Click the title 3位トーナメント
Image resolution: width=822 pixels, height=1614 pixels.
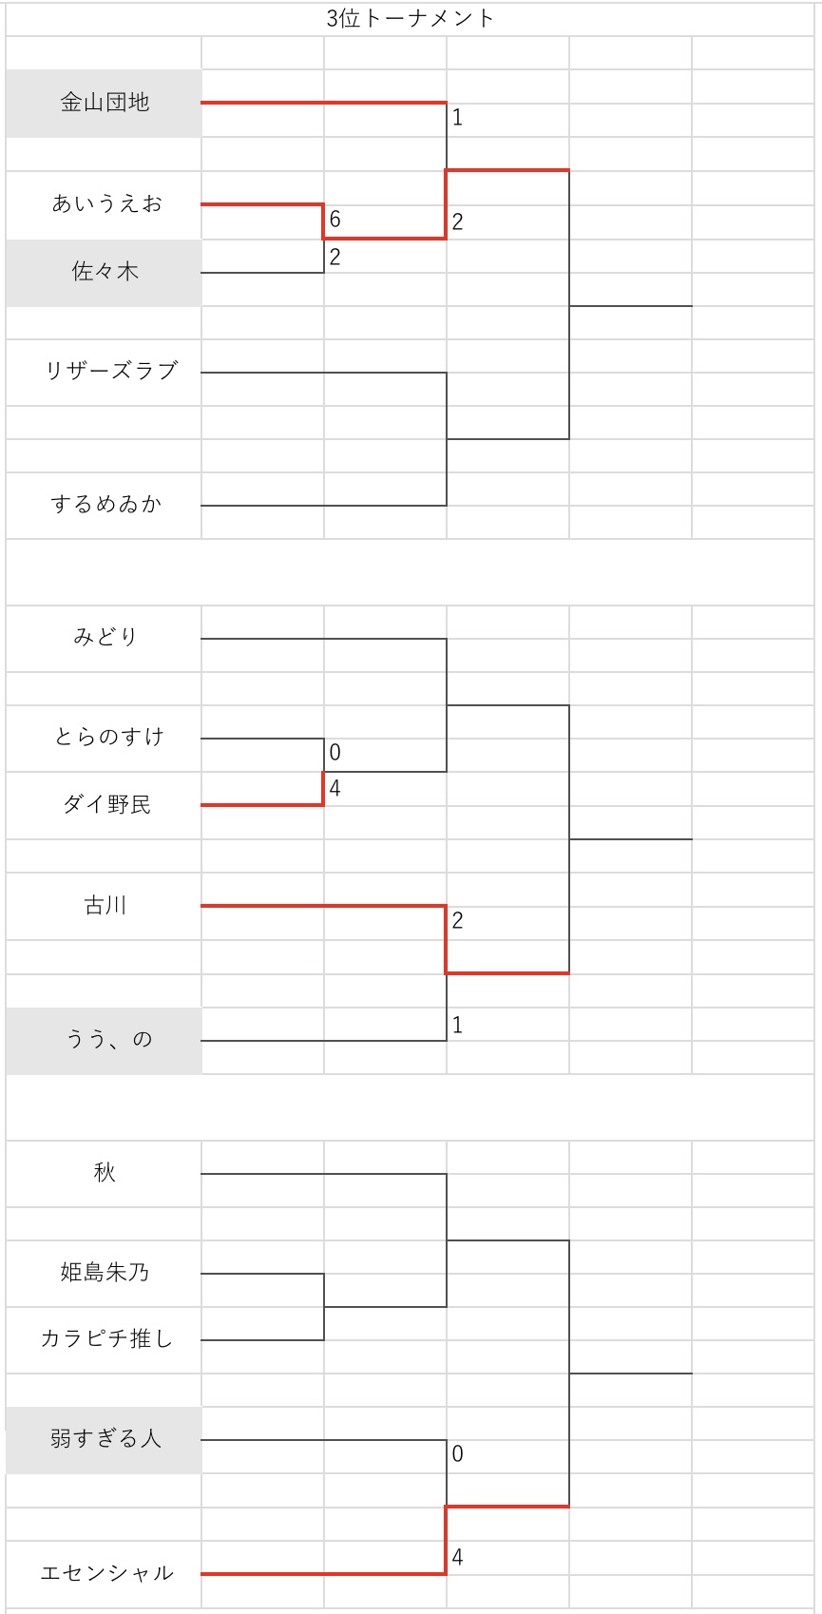(x=411, y=18)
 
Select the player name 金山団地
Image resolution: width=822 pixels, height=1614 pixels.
(x=105, y=103)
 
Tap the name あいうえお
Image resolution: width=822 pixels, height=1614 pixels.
(x=106, y=203)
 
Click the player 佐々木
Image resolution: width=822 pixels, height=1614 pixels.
(x=105, y=272)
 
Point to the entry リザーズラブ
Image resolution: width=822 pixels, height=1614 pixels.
(x=111, y=371)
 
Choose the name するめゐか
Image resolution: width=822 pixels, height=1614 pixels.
(x=106, y=504)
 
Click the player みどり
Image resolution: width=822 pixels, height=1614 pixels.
(x=105, y=637)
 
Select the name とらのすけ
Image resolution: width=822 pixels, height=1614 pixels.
(x=109, y=737)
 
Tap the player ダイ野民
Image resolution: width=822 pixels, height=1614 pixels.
(x=106, y=805)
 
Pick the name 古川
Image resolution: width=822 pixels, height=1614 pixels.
(x=105, y=906)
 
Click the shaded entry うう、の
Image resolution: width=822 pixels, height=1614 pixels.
(x=108, y=1039)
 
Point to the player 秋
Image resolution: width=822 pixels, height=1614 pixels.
(x=105, y=1173)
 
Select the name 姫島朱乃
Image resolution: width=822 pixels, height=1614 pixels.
(x=105, y=1272)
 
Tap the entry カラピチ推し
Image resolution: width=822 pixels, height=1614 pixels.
(x=106, y=1339)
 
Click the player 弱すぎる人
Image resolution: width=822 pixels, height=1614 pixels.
(x=105, y=1439)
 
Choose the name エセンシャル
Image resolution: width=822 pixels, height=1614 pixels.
(x=106, y=1573)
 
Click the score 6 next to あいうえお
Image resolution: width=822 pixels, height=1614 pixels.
(x=335, y=220)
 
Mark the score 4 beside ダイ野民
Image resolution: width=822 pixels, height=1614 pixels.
(x=335, y=788)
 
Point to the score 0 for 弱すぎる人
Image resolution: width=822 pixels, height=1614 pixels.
(x=457, y=1453)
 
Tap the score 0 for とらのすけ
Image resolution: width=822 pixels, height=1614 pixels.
(x=335, y=753)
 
